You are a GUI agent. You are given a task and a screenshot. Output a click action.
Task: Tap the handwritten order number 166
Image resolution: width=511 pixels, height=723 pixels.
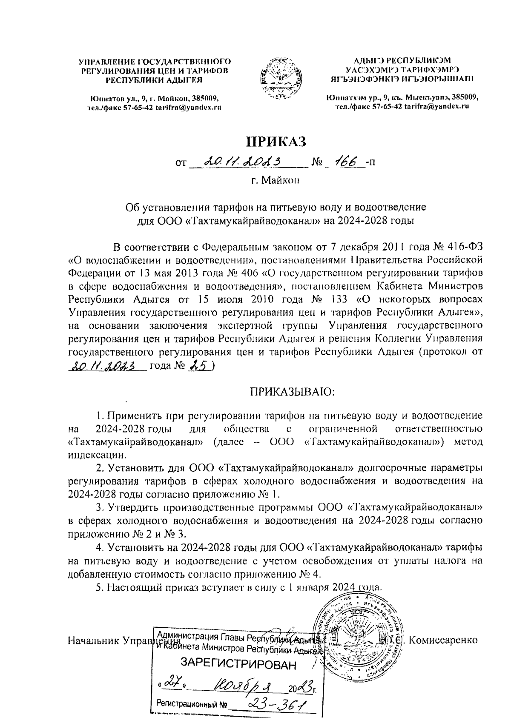[348, 162]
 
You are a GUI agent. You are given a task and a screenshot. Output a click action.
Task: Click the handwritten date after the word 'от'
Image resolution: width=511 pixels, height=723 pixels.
[249, 162]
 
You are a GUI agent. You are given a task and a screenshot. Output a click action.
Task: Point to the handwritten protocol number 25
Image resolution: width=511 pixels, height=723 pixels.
[199, 366]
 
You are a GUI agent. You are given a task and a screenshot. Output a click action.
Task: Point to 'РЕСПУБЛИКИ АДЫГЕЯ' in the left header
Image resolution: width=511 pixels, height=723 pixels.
[154, 80]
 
